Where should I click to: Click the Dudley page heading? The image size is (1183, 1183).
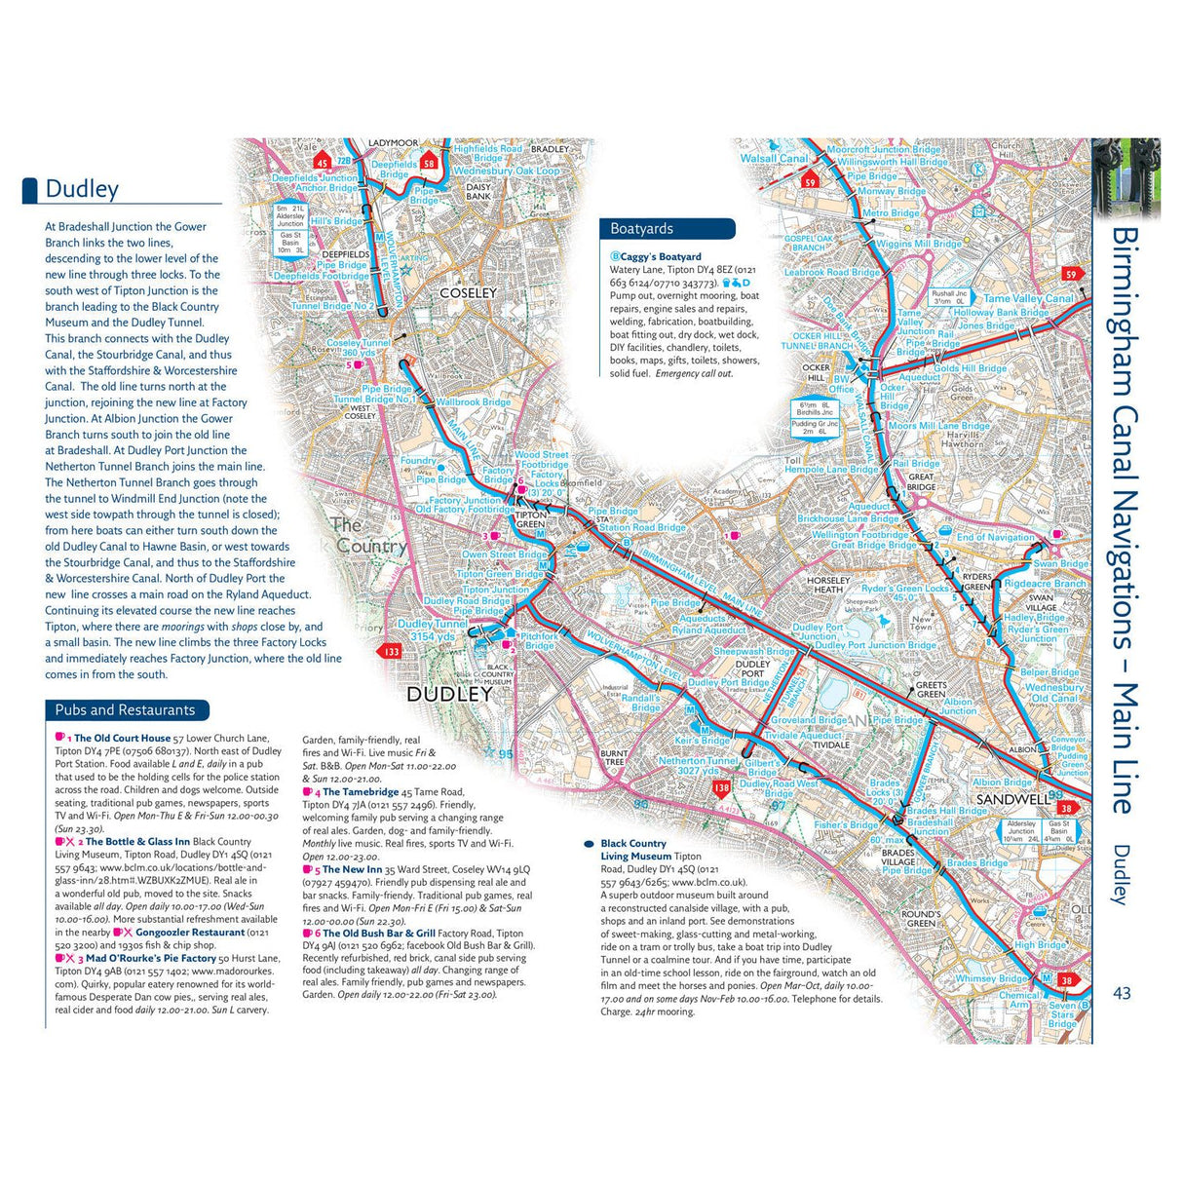[x=82, y=189]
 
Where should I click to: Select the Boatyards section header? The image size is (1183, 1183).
[x=641, y=229]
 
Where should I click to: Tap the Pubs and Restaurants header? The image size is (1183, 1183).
[x=125, y=710]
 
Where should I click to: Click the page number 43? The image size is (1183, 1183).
[x=1122, y=993]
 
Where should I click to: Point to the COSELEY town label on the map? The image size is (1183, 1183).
[x=468, y=292]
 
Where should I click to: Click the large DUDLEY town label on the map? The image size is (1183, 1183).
[x=449, y=695]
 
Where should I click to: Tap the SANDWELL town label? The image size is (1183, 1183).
[x=1012, y=799]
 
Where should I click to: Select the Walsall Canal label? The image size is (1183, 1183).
[x=774, y=158]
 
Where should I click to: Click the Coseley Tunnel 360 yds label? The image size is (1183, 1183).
[x=358, y=348]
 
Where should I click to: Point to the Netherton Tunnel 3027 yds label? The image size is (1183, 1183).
[x=698, y=766]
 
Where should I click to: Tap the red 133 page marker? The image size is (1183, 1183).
[x=392, y=652]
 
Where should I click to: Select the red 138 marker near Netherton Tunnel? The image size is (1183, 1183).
[x=721, y=787]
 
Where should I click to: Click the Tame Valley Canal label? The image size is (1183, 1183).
[x=1028, y=299]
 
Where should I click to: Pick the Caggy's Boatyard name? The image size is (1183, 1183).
[x=660, y=257]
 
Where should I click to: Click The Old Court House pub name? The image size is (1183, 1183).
[x=122, y=739]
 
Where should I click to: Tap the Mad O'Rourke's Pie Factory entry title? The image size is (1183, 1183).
[x=150, y=959]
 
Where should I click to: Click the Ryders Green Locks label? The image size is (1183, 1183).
[x=904, y=589]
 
